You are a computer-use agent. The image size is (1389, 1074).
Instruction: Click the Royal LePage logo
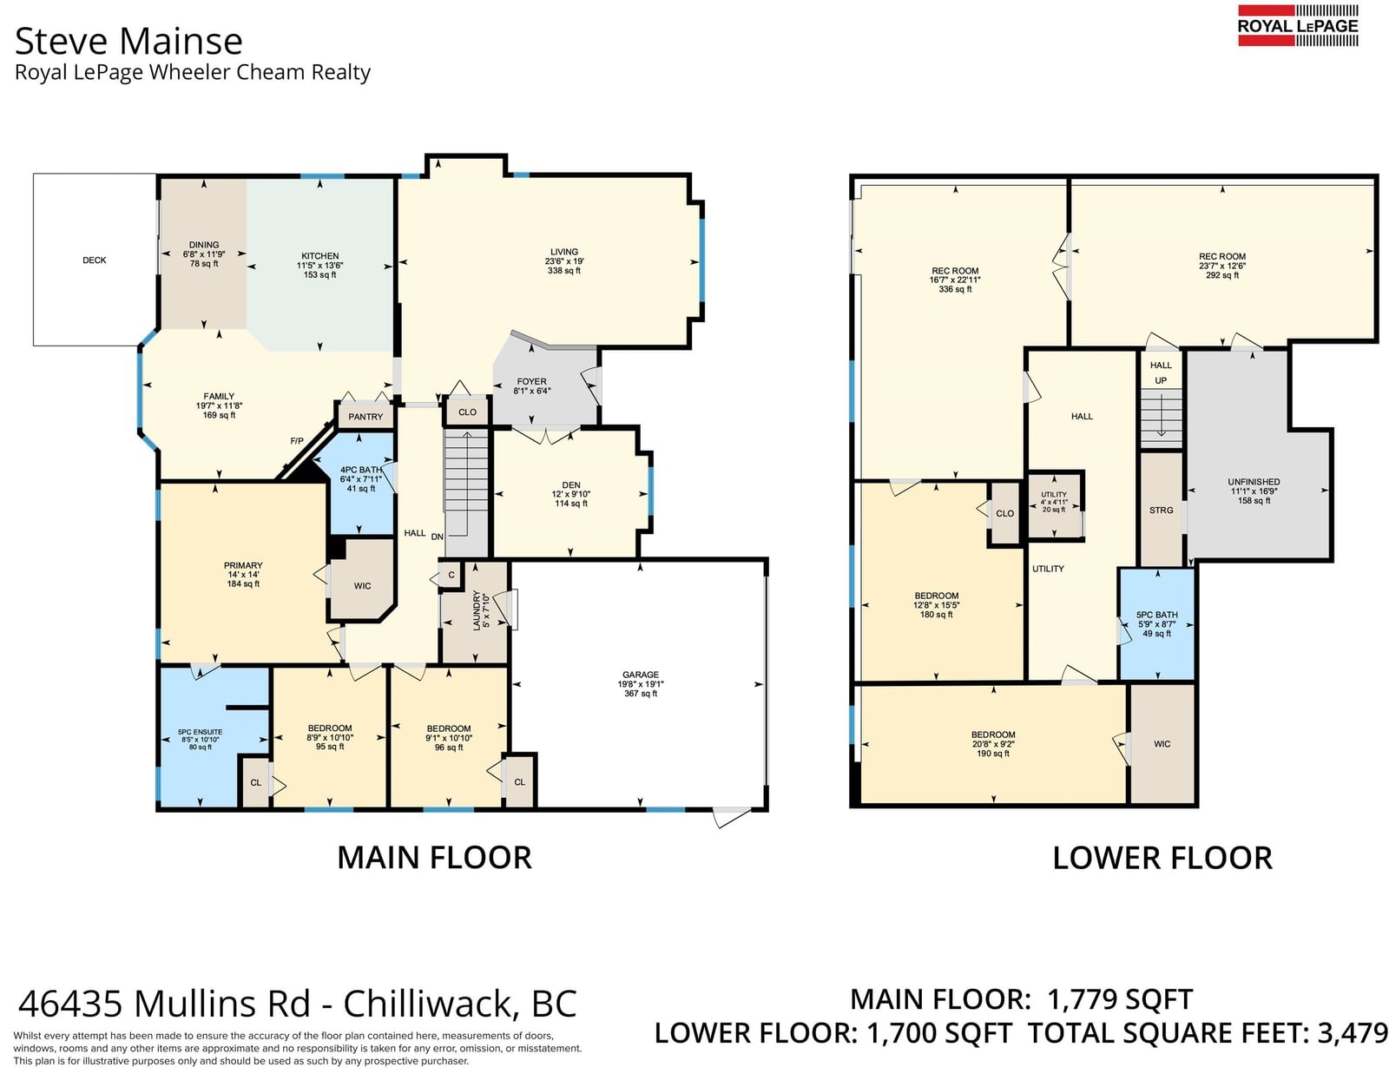click(x=1298, y=25)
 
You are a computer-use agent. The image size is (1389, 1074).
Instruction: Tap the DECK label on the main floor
click(x=95, y=260)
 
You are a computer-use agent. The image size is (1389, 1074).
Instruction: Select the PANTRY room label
click(x=365, y=417)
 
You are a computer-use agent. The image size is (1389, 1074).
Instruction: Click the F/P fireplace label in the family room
click(x=297, y=441)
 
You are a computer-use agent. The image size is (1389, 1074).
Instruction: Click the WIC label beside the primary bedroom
click(x=362, y=585)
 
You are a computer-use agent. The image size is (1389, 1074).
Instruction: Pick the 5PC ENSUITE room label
click(x=200, y=732)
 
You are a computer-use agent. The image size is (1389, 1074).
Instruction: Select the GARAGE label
click(x=641, y=675)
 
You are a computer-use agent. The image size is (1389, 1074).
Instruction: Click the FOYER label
click(x=532, y=382)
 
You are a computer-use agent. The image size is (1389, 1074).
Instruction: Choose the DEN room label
click(x=571, y=485)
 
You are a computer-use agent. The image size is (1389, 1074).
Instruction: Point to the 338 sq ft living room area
click(x=563, y=270)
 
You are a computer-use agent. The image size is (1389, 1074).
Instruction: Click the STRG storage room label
click(x=1162, y=511)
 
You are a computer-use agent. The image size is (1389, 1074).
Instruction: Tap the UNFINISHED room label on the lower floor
click(x=1254, y=482)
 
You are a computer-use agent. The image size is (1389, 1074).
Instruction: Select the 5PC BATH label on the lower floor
click(x=1157, y=615)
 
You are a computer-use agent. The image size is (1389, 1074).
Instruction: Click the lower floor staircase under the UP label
click(x=1162, y=419)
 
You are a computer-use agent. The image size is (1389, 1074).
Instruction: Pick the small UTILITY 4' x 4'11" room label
click(x=1053, y=495)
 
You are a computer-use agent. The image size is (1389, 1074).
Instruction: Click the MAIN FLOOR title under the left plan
click(x=435, y=858)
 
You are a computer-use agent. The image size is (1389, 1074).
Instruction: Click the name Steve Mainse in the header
click(x=128, y=41)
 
